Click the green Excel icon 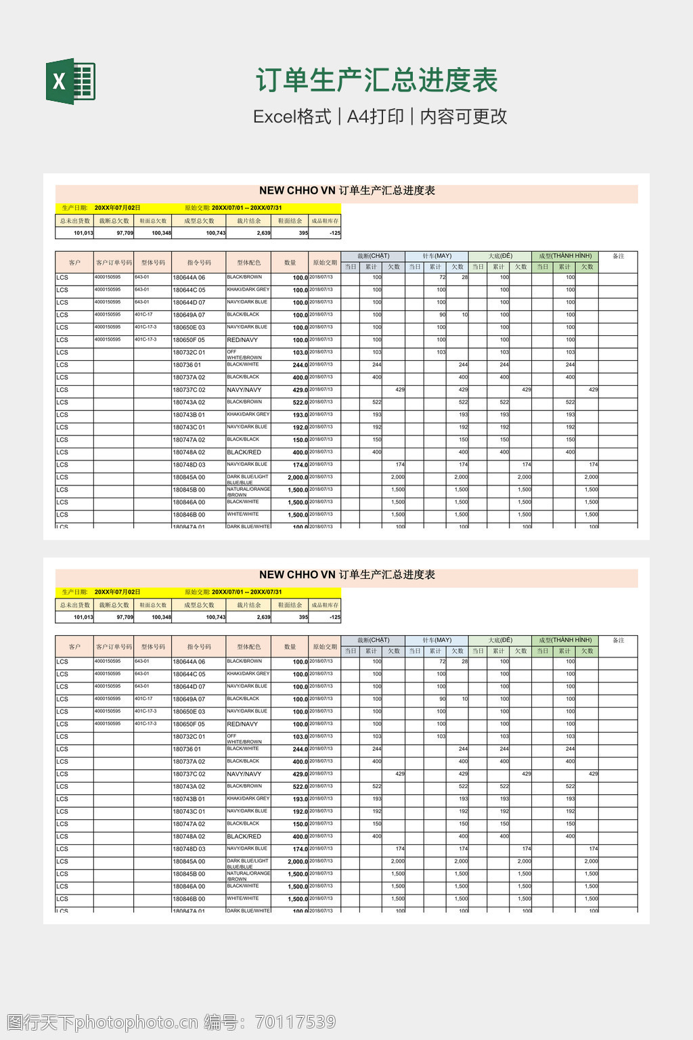(70, 82)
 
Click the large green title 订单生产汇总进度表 (376, 81)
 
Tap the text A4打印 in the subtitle (376, 116)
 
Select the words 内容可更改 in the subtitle (464, 116)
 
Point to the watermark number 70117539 (295, 1022)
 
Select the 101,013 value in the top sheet (83, 233)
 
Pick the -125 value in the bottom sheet (334, 617)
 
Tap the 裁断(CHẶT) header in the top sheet (373, 256)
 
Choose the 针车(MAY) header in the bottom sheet (437, 640)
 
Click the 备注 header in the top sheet (618, 256)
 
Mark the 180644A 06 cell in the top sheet (189, 278)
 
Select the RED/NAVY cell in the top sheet (242, 340)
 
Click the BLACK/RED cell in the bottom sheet (244, 837)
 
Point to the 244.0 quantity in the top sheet (300, 365)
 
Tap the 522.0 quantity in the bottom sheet (300, 787)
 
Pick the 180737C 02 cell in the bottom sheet (189, 774)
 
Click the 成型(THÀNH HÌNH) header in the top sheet (565, 256)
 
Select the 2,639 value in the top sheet (263, 233)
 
